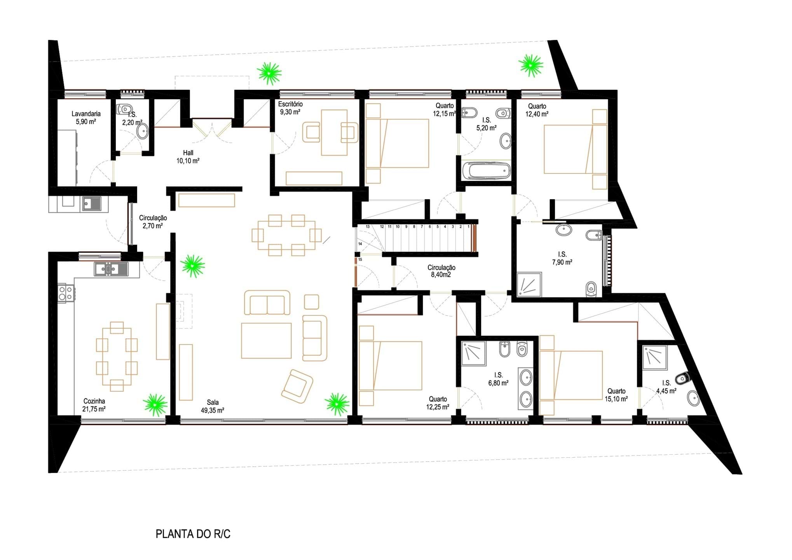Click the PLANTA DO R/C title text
(x=193, y=534)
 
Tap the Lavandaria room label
(x=86, y=114)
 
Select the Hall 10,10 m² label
(x=188, y=157)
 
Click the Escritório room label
(x=290, y=104)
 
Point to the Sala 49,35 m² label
(x=213, y=406)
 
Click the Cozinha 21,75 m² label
(x=94, y=405)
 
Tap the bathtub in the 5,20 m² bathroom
(x=486, y=171)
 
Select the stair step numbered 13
(x=368, y=226)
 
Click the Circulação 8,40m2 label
(x=441, y=271)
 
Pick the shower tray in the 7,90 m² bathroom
(x=529, y=284)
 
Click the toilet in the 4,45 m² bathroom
(x=682, y=378)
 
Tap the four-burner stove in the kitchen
(x=66, y=293)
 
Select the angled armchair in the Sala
(x=297, y=386)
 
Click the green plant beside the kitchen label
(x=155, y=405)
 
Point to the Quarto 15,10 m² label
(x=616, y=395)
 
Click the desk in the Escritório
(x=334, y=133)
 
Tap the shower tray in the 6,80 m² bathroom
(x=474, y=353)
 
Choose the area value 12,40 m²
(x=537, y=114)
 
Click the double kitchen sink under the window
(x=111, y=269)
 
